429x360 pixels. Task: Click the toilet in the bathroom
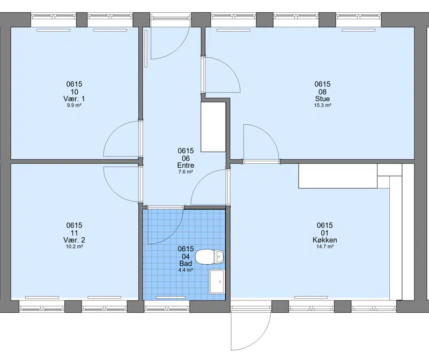(209, 257)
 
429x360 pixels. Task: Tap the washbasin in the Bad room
(217, 282)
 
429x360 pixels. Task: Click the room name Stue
(322, 99)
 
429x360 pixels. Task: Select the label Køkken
(325, 240)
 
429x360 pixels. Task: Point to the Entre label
(186, 165)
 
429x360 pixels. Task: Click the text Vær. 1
(74, 99)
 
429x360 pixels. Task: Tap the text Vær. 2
(74, 240)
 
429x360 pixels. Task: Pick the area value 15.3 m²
(323, 105)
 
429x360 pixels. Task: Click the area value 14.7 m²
(325, 246)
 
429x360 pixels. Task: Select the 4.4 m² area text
(186, 270)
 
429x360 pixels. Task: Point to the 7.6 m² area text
(186, 172)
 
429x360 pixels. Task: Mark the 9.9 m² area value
(74, 105)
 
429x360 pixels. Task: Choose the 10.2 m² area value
(74, 246)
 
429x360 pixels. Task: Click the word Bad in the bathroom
(186, 264)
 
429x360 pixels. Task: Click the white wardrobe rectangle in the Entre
(213, 127)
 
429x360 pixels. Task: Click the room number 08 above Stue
(322, 92)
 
